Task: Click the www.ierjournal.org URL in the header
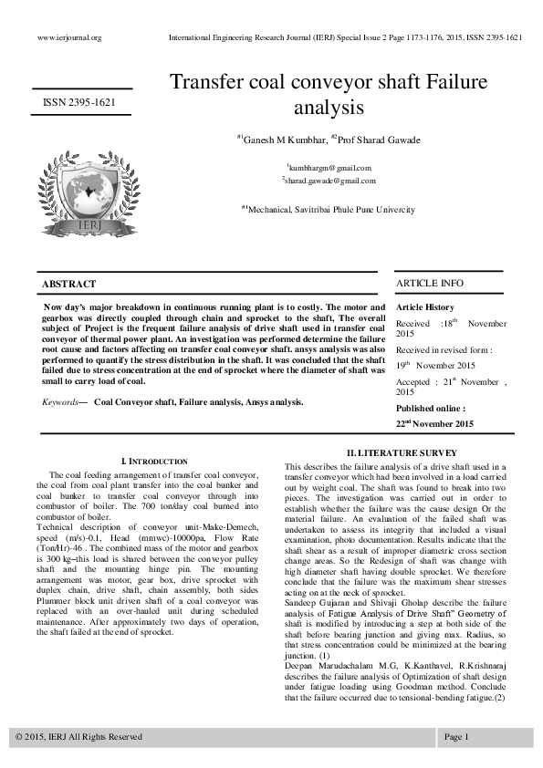69,37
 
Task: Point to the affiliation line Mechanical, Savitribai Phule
328,209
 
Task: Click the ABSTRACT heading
69,285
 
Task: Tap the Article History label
425,308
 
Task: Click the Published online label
430,409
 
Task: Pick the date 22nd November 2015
434,424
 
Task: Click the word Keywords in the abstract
61,401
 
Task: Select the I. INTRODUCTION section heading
154,462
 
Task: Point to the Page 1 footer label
456,736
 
